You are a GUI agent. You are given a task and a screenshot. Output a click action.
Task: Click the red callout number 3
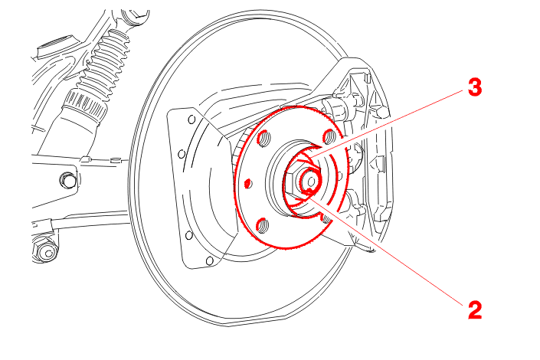coord(475,87)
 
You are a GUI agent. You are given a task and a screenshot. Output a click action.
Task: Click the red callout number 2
coord(475,310)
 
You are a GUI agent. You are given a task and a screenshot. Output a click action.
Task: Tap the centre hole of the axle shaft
coord(311,182)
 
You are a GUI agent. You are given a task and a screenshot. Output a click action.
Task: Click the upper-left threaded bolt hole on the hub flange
coord(263,138)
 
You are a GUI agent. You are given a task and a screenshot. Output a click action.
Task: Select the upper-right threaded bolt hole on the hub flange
coord(329,136)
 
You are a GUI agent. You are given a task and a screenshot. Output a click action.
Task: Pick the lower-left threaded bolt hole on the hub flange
coord(262,225)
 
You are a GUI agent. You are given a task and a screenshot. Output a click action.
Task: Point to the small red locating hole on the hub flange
coord(247,184)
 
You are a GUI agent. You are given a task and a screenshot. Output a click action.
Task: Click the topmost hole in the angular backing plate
coord(191,119)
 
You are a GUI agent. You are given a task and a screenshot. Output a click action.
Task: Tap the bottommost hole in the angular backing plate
coord(209,260)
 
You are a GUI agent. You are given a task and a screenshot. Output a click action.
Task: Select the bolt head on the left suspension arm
coord(67,180)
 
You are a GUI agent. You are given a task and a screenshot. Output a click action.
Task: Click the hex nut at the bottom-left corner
coord(45,250)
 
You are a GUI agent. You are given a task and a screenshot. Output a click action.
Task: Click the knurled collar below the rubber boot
coord(83,106)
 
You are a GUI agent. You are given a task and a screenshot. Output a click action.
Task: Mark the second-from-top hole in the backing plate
coord(182,154)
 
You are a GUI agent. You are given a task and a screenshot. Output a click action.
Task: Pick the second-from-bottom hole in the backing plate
coord(188,236)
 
